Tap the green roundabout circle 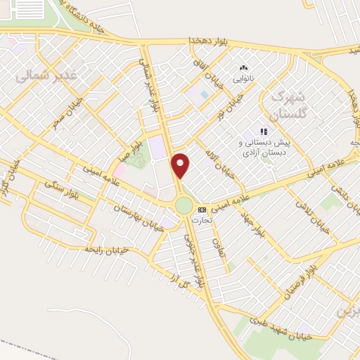point(184,205)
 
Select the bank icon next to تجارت point(202,210)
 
